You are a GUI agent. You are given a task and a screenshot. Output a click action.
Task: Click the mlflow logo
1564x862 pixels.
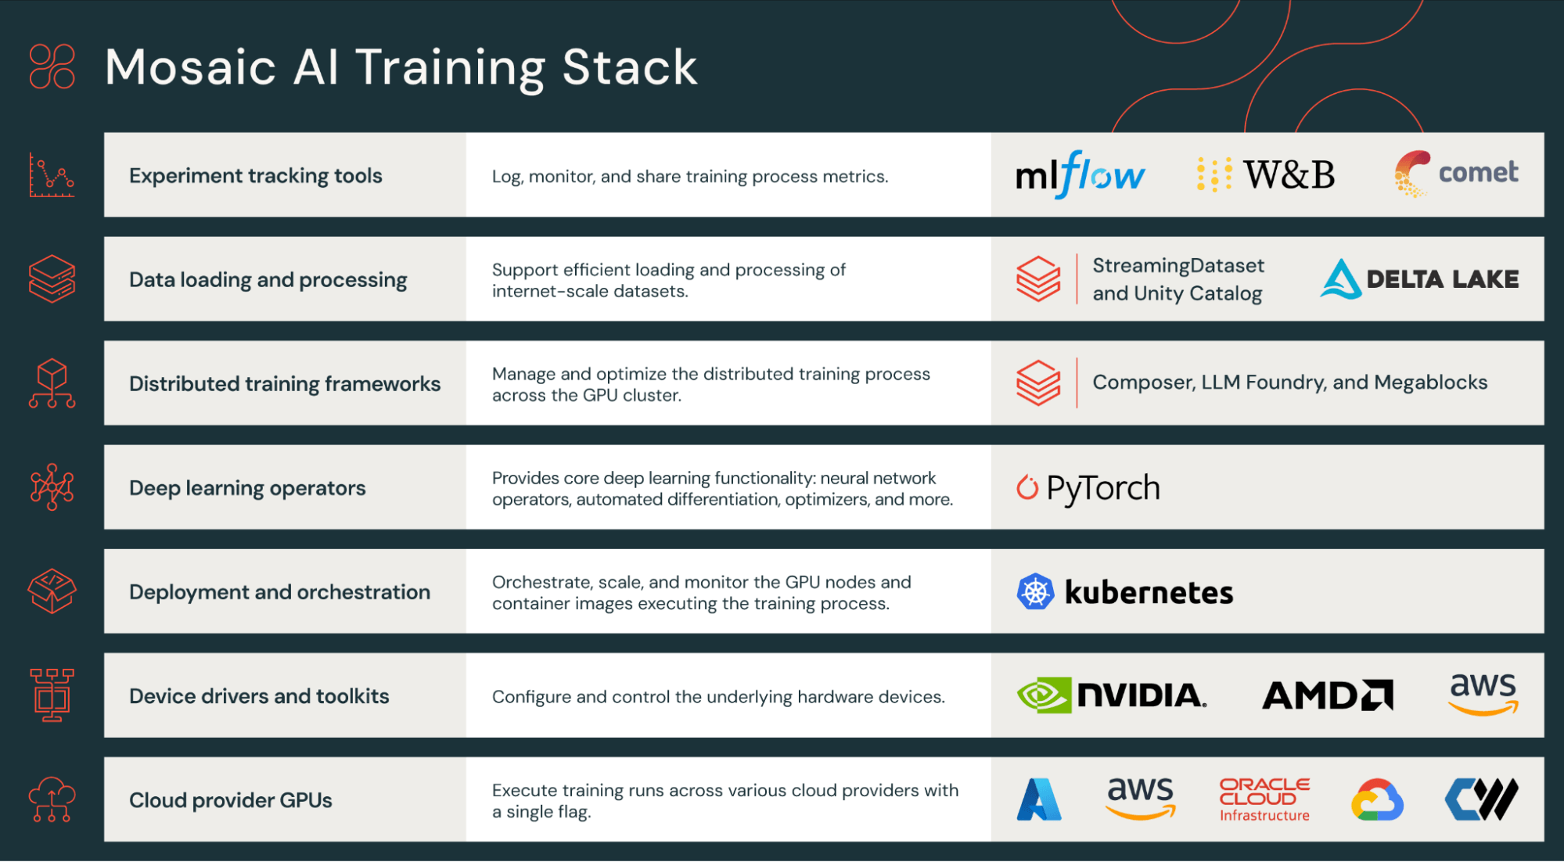click(1080, 175)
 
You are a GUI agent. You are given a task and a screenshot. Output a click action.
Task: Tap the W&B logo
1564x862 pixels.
click(1266, 174)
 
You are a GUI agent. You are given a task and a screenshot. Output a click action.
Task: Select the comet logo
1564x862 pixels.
click(1456, 173)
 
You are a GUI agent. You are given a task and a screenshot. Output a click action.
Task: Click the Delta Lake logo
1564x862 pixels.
click(1419, 279)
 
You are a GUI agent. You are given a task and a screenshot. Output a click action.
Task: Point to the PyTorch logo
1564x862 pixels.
click(1088, 488)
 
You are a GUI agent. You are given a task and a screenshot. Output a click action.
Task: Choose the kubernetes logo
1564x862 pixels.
click(1125, 592)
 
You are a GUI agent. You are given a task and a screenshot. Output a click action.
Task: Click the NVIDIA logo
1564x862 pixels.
click(1111, 695)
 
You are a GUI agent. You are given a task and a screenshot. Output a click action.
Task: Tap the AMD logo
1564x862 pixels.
click(1328, 695)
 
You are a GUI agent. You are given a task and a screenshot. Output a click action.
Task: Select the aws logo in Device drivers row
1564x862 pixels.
click(1483, 694)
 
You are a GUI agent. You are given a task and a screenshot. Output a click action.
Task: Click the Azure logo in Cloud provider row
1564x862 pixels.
click(1039, 799)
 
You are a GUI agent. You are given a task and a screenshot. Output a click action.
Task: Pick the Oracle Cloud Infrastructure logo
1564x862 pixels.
click(1264, 799)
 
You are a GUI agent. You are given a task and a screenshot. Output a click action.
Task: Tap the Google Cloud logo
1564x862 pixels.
click(1377, 800)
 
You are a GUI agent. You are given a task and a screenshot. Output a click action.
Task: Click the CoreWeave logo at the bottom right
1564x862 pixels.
click(1481, 799)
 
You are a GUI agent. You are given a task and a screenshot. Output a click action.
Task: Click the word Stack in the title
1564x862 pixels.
click(629, 67)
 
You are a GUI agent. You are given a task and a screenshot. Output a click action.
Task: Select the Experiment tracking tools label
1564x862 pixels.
click(256, 175)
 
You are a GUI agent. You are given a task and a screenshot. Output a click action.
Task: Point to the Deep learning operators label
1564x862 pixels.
click(247, 488)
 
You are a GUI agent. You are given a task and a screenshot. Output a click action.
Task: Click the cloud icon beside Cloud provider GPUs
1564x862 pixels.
click(52, 799)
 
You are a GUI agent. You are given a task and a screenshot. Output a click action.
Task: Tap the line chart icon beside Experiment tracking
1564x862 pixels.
click(52, 175)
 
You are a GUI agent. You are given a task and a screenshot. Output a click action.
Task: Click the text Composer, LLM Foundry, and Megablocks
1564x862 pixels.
click(1289, 383)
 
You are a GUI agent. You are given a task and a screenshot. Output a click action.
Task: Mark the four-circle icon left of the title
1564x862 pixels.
click(52, 66)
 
